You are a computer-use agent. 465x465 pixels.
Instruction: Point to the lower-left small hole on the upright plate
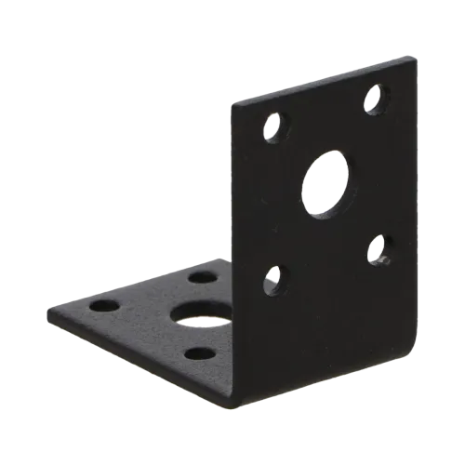pos(273,276)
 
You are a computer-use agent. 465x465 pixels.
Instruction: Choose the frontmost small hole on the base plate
pos(197,352)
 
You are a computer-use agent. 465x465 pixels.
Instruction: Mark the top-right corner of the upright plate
pos(409,61)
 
